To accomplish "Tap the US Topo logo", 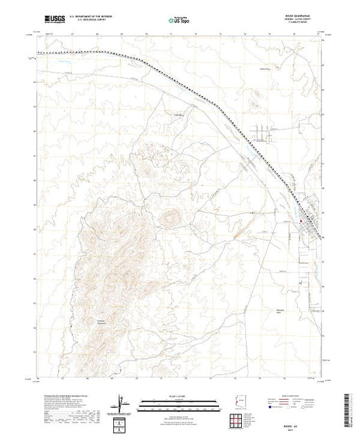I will click(180, 21).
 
